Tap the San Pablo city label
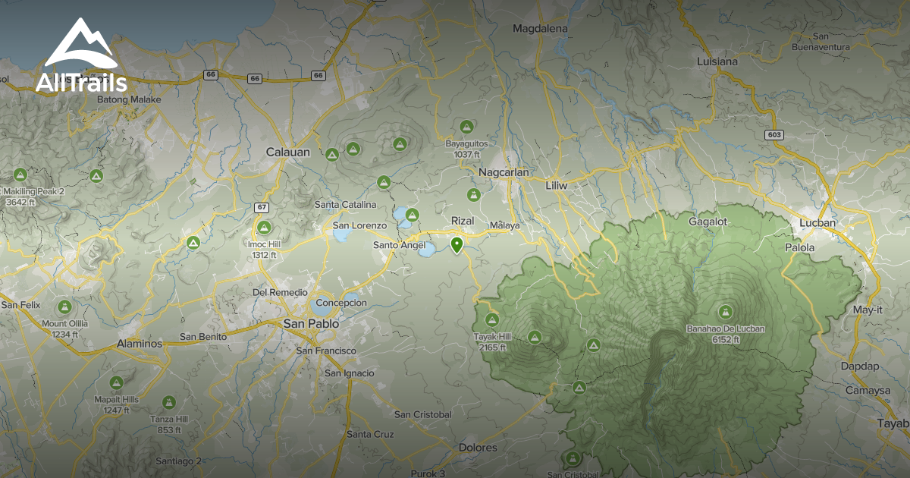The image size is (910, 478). (x=311, y=323)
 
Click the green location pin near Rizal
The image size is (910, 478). (x=457, y=244)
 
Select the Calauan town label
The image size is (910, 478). (x=288, y=152)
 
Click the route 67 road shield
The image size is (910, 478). (x=262, y=207)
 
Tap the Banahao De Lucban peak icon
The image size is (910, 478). (x=726, y=311)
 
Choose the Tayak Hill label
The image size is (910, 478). (x=493, y=337)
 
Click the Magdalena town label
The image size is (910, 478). (x=540, y=29)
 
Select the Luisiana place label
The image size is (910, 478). (x=717, y=61)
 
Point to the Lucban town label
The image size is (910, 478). (x=817, y=223)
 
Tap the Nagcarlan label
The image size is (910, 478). (x=504, y=172)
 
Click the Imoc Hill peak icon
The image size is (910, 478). (x=264, y=228)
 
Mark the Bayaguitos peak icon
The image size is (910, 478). (x=466, y=127)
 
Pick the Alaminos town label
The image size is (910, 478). (x=140, y=344)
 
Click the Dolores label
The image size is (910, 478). (x=478, y=448)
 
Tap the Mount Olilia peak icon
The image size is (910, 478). (x=64, y=307)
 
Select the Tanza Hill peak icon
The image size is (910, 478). (x=168, y=401)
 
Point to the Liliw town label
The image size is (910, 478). (x=562, y=184)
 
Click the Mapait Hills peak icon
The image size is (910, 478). (x=116, y=382)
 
